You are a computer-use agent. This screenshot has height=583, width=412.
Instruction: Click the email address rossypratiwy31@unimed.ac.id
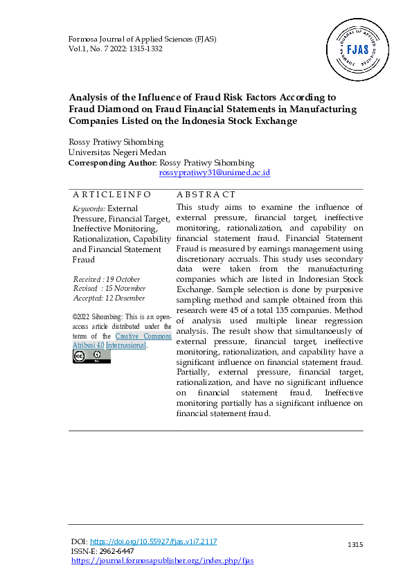215,172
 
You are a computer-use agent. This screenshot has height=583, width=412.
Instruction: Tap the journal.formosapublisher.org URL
163,560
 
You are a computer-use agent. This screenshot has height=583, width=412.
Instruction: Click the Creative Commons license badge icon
91,357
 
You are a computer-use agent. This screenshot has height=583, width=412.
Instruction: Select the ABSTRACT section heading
206,195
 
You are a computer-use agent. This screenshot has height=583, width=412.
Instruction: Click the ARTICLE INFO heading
111,195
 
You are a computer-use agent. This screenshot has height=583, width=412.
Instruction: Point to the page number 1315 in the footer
355,546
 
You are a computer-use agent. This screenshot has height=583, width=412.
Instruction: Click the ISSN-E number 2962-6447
117,551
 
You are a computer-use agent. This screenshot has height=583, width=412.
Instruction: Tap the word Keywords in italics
89,208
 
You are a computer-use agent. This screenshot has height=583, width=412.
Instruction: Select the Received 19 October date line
107,278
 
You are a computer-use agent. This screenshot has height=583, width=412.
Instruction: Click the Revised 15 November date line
109,288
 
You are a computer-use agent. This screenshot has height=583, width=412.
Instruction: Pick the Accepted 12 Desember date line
109,298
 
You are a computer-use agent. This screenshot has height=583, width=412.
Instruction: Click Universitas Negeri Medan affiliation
117,152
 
